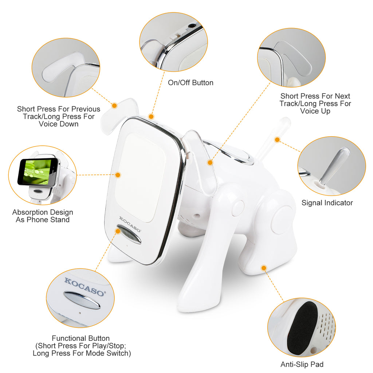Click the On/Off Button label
click(191, 83)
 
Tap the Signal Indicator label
click(327, 203)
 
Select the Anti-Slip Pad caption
click(302, 364)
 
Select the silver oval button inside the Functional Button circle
click(82, 300)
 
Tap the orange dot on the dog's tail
click(277, 140)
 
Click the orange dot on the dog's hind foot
click(264, 268)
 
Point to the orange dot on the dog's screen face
click(118, 175)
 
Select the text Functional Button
click(81, 338)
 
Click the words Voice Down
click(59, 124)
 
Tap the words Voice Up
click(315, 111)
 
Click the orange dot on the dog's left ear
click(114, 106)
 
